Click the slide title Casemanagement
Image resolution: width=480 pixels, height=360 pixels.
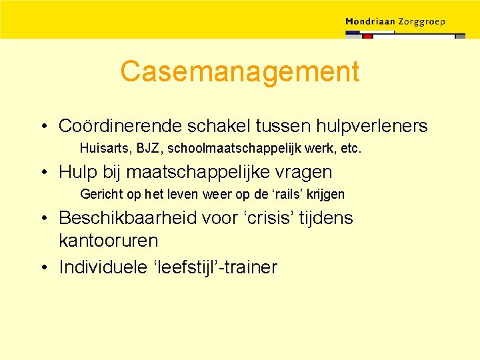point(239,72)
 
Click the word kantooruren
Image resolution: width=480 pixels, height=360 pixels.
point(108,240)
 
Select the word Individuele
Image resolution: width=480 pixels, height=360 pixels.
point(104,267)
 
